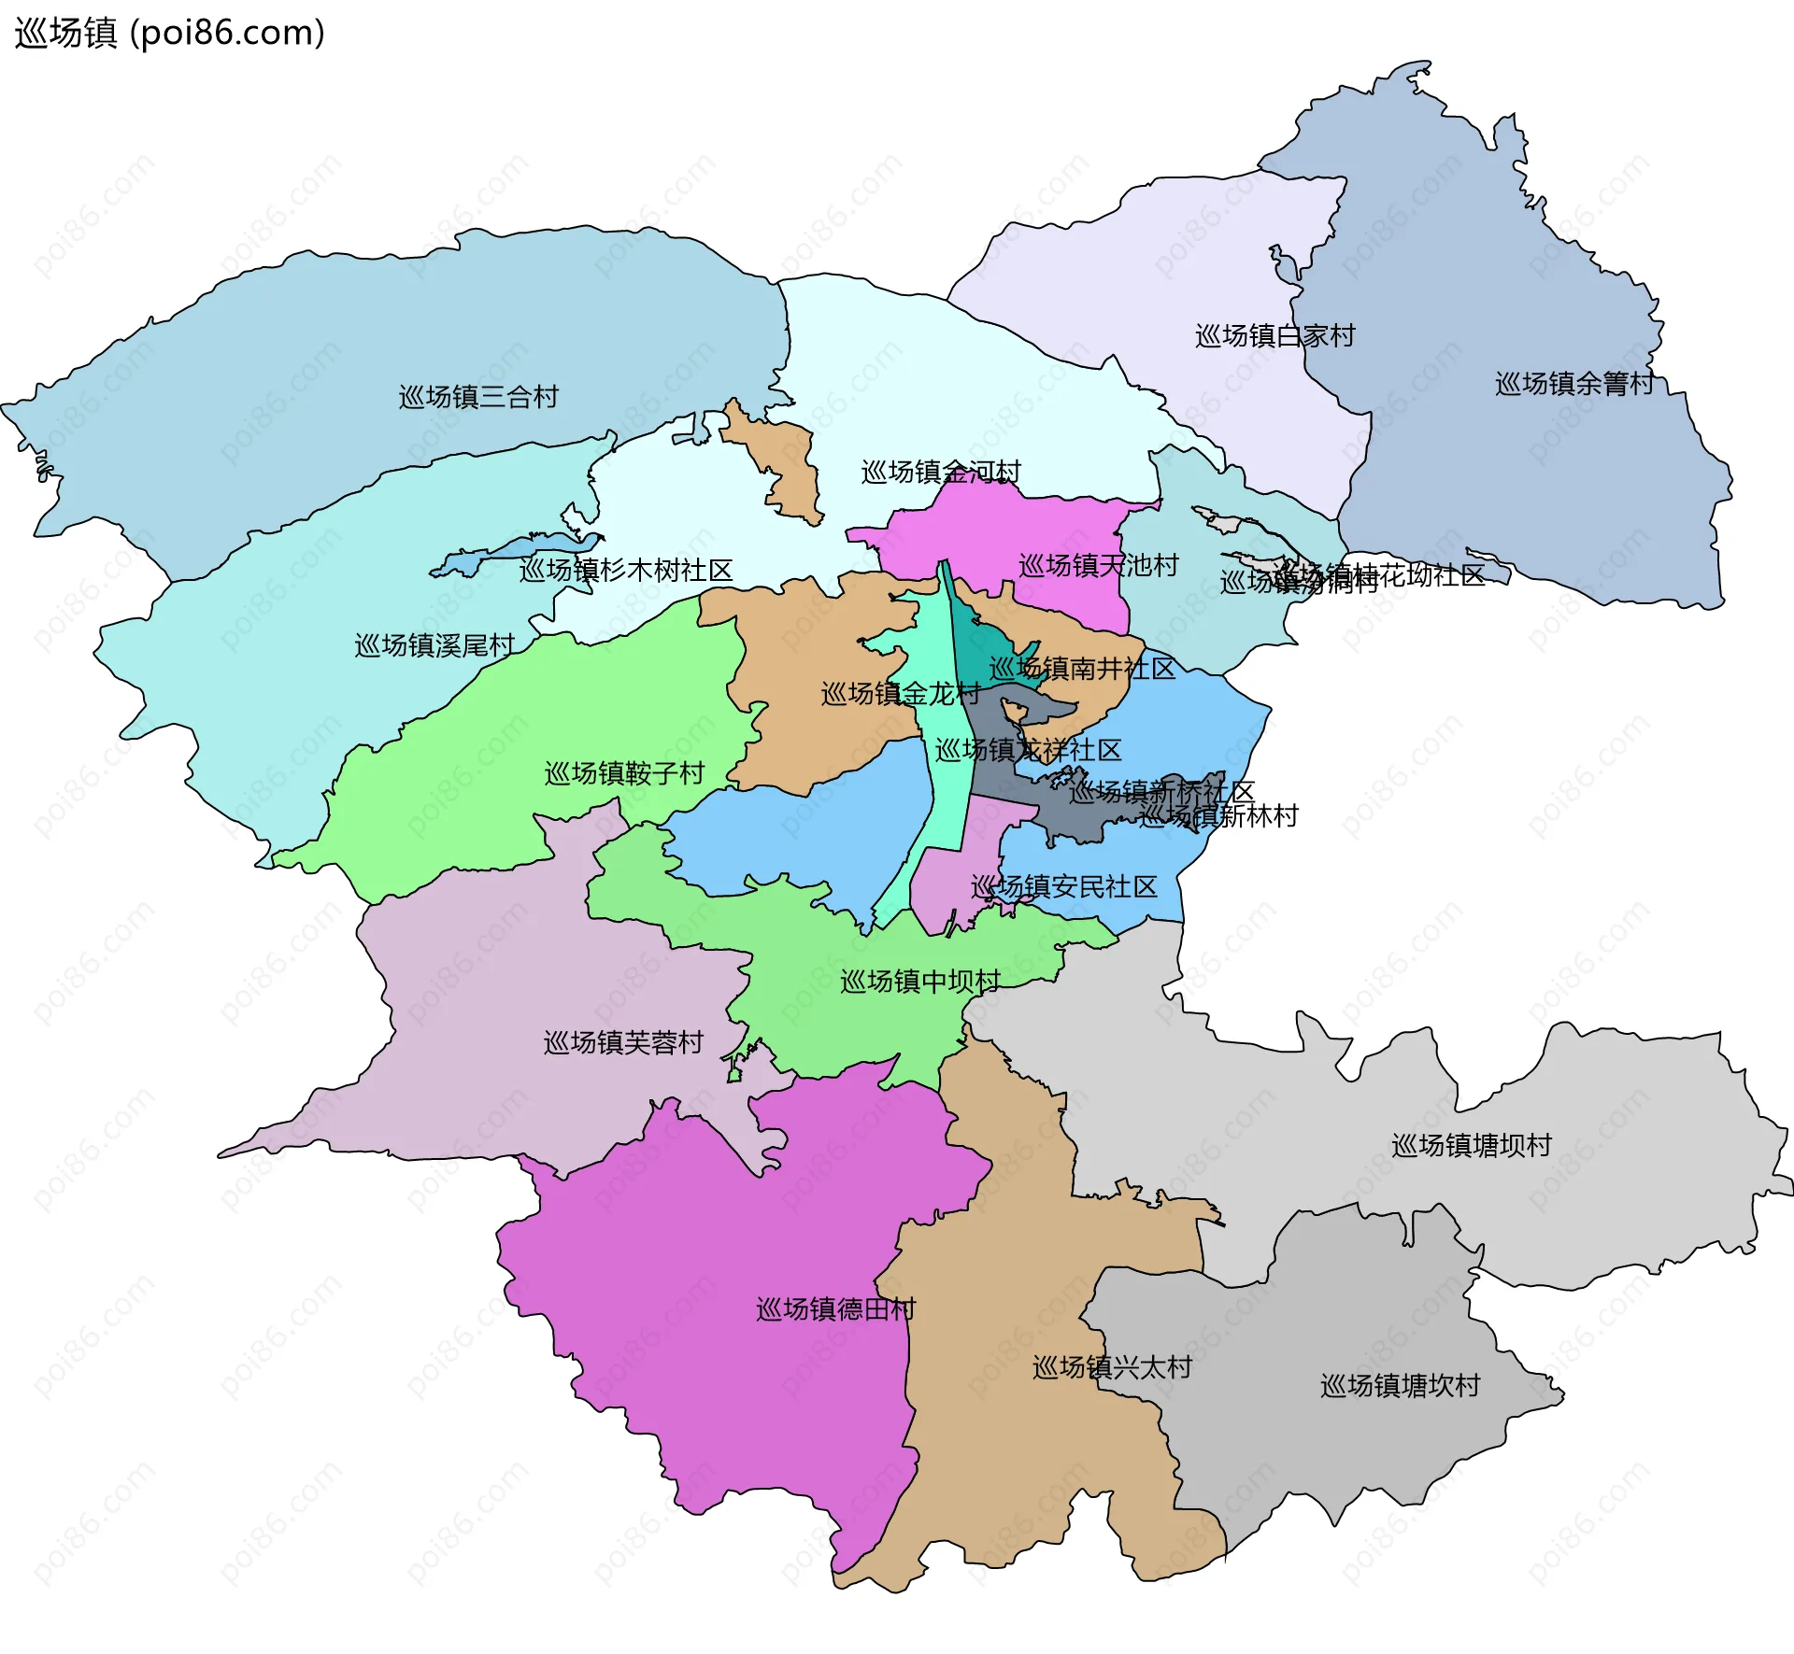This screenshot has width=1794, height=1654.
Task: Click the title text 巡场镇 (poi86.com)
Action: pyautogui.click(x=169, y=33)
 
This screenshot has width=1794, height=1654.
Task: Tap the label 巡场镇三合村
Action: pyautogui.click(x=478, y=397)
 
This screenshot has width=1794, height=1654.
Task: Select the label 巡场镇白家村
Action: pyautogui.click(x=1274, y=336)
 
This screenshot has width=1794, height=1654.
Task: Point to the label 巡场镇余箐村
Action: pyautogui.click(x=1573, y=384)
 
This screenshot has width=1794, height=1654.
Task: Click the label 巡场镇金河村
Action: pyautogui.click(x=940, y=473)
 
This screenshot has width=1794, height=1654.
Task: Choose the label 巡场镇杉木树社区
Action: pyautogui.click(x=626, y=571)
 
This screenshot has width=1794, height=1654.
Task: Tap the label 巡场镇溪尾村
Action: pyautogui.click(x=434, y=645)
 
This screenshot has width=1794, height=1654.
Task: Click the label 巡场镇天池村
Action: pyautogui.click(x=1098, y=566)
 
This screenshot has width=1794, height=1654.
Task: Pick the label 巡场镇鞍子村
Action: pyautogui.click(x=624, y=773)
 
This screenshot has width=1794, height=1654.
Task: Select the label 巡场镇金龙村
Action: pyautogui.click(x=900, y=694)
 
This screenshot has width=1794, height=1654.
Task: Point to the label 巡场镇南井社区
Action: pyautogui.click(x=1081, y=669)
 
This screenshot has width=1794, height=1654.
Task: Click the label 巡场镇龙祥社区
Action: pyautogui.click(x=1028, y=751)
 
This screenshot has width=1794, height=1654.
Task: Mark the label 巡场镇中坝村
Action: pyautogui.click(x=919, y=982)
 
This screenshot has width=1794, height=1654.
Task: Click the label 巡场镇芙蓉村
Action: pyautogui.click(x=623, y=1043)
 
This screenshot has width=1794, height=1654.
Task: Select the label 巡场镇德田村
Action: pyautogui.click(x=835, y=1309)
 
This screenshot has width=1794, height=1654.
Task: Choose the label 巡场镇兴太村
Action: pyautogui.click(x=1112, y=1368)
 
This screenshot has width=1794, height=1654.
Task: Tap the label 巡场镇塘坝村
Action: pyautogui.click(x=1471, y=1146)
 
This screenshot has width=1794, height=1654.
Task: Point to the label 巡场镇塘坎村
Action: pyautogui.click(x=1400, y=1386)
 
